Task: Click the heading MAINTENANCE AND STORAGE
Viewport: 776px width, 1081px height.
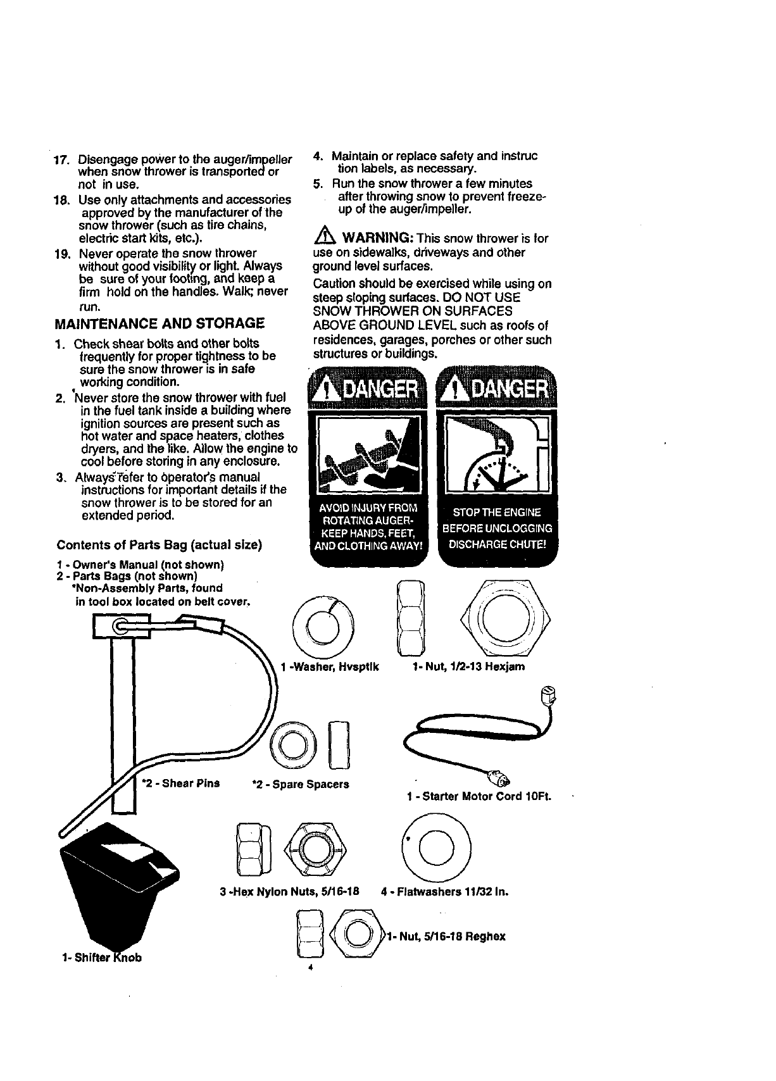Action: pos(160,324)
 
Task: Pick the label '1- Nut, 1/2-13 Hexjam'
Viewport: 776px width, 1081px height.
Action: pos(468,667)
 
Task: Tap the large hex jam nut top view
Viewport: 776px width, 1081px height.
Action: pos(505,619)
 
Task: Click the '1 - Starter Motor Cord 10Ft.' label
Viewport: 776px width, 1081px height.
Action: pos(479,796)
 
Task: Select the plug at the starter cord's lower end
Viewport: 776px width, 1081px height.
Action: pos(500,775)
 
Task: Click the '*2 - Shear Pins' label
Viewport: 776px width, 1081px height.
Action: pos(181,783)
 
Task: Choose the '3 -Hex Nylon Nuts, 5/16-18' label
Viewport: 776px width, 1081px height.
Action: pos(289,892)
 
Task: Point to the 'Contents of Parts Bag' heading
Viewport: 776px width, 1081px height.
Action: pos(159,545)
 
